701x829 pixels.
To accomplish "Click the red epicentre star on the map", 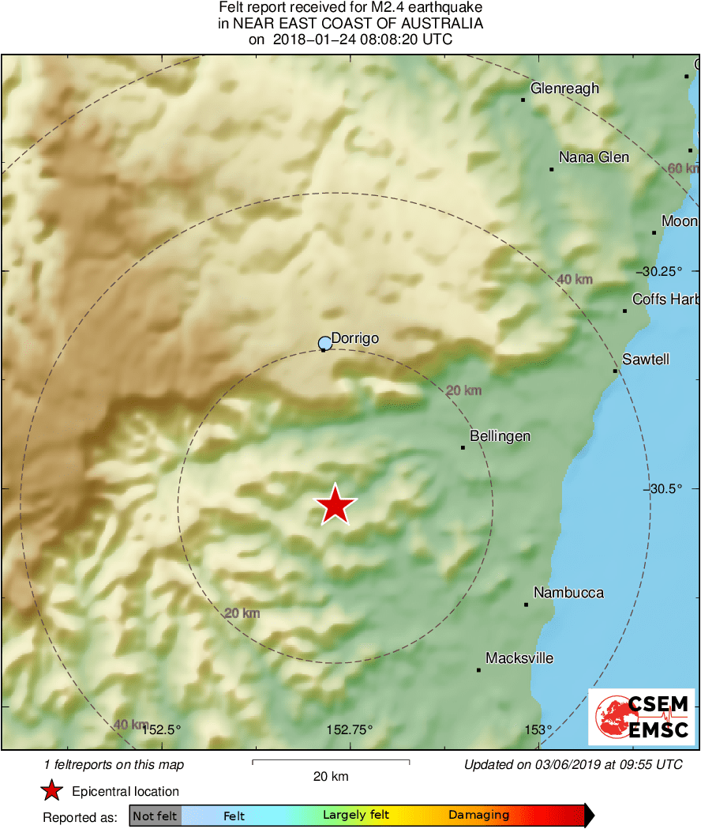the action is point(336,505).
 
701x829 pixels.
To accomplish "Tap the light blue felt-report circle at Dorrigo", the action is point(324,343).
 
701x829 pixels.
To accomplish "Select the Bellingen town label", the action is point(500,436).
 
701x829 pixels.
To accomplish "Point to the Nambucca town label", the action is point(568,593).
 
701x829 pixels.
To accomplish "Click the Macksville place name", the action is point(519,658).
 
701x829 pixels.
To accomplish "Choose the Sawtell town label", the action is point(645,360).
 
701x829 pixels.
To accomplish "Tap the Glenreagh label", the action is point(564,89).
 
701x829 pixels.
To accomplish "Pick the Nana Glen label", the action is point(594,157).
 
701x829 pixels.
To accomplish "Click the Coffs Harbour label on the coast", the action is point(665,300).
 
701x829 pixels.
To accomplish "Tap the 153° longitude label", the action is point(539,729).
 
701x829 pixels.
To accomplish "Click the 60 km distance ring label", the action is point(683,168).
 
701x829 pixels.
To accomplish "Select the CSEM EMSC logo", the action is point(642,717).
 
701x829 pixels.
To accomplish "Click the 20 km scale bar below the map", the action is point(331,762).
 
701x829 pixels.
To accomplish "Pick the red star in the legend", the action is point(52,791).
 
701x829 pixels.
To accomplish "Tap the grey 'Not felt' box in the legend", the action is point(156,816).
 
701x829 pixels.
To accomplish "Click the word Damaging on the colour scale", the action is point(478,816).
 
